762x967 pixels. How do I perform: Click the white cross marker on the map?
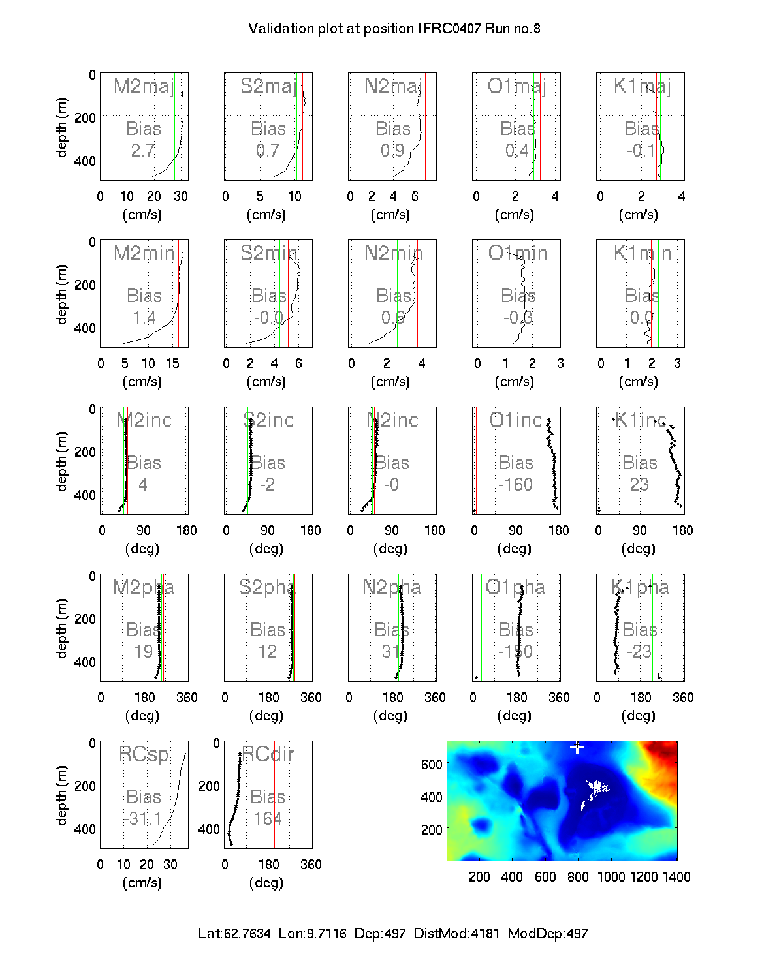point(577,747)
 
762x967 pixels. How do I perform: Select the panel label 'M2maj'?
point(144,86)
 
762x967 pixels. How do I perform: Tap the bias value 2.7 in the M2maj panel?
point(143,151)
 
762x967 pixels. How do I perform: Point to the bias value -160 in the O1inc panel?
point(516,485)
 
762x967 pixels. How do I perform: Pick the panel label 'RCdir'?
point(268,754)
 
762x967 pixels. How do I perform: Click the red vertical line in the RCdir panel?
point(274,796)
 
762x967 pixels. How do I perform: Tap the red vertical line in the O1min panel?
point(515,294)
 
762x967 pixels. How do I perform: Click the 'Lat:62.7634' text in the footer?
point(234,934)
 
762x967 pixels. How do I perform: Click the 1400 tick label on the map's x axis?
point(676,877)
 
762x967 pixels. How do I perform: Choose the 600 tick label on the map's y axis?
point(432,764)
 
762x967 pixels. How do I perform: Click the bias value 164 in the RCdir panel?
point(268,818)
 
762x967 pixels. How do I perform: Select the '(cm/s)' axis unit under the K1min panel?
point(639,382)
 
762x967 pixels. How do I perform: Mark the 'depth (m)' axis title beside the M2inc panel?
point(62,461)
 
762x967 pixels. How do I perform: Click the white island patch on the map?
point(595,791)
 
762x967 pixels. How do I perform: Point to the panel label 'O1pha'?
point(515,587)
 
